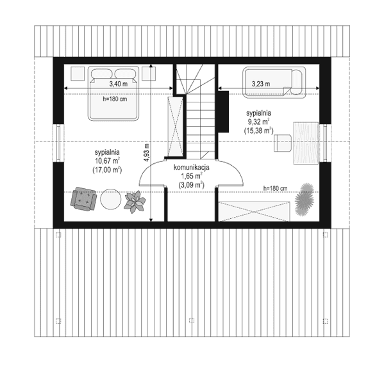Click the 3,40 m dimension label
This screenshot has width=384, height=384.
click(x=117, y=84)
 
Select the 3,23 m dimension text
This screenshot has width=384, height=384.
click(x=260, y=84)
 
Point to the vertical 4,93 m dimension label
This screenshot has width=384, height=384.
click(x=146, y=154)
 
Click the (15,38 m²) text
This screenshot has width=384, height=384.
click(x=258, y=130)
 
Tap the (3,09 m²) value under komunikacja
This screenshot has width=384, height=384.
click(x=192, y=184)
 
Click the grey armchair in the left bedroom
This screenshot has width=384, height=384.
click(x=84, y=198)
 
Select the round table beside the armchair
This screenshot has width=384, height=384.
click(x=110, y=198)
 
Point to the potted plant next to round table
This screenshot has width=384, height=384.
click(x=135, y=202)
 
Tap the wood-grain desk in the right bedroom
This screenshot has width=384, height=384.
click(x=307, y=143)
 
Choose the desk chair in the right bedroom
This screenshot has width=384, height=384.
click(x=282, y=142)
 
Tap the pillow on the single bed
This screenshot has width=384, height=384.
click(x=297, y=84)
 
